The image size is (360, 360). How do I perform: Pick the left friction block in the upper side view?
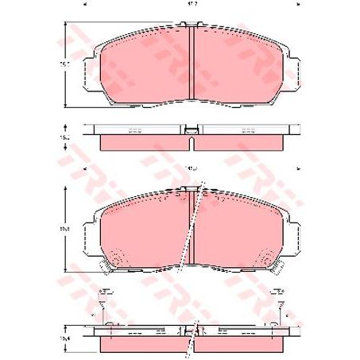pos(145,143)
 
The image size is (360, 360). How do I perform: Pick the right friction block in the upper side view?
pos(240,143)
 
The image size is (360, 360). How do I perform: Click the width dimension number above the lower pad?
pos(192,168)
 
